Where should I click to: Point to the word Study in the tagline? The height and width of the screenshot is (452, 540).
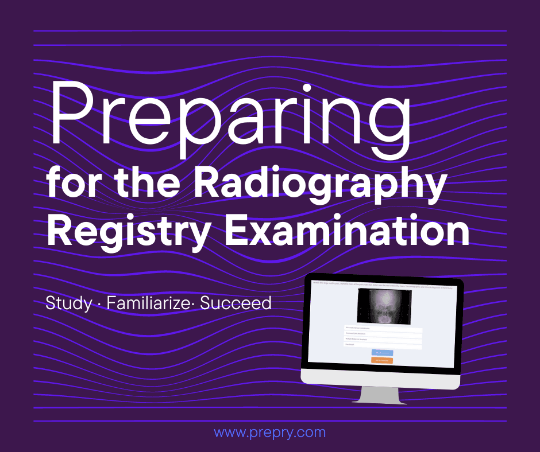pos(68,303)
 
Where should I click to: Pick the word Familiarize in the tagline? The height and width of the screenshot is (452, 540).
pos(148,303)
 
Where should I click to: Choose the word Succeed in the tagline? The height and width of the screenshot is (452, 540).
pos(236,303)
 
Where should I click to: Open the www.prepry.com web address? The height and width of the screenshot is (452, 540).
pos(269,432)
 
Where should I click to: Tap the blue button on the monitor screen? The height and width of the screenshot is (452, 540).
pos(382,352)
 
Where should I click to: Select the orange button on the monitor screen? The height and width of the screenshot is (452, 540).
pos(382,360)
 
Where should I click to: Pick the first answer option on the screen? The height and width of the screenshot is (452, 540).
pos(383,328)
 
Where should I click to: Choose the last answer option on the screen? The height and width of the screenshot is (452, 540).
pos(383,345)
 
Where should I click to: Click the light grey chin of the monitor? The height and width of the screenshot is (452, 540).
pos(382,377)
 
